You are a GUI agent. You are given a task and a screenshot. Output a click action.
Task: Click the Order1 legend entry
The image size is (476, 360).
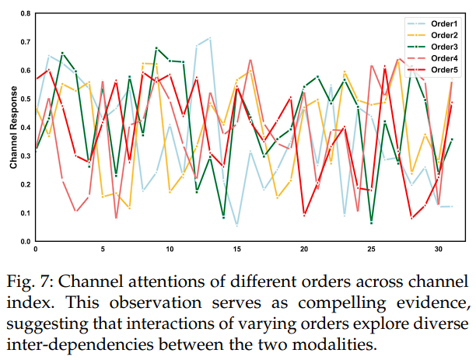pos(440,24)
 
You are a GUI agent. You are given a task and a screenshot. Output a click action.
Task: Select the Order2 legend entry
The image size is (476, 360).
pos(440,36)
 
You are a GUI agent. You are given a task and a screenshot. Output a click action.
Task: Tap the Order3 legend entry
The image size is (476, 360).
pos(440,47)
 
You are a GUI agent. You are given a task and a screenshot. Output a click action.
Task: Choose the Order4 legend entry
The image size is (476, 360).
pos(440,59)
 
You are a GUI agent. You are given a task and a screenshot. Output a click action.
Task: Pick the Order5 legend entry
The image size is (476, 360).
pos(440,71)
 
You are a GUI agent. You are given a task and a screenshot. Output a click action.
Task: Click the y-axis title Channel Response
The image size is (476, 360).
pos(13,128)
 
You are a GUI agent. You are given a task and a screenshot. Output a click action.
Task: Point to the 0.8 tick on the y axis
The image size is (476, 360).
pos(26,15)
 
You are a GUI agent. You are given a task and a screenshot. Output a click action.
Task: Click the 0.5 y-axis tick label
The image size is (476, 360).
pos(26,100)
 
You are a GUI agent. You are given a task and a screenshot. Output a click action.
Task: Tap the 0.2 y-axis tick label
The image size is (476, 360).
pos(26,185)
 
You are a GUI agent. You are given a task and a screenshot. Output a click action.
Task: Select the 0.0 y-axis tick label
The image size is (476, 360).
pos(26,242)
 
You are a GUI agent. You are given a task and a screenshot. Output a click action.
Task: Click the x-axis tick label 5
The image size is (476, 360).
pos(103,250)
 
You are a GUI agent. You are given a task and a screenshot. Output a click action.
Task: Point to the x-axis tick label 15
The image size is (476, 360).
pos(236,250)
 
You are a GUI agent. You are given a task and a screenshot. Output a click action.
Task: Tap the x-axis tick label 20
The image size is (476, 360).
pos(304,250)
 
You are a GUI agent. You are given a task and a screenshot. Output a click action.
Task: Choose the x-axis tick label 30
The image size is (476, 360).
pos(439,250)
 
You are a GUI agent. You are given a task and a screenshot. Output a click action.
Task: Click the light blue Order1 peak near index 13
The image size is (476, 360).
pos(210,38)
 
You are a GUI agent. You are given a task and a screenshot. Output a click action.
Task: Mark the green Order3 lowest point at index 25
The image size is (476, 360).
pos(372,223)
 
